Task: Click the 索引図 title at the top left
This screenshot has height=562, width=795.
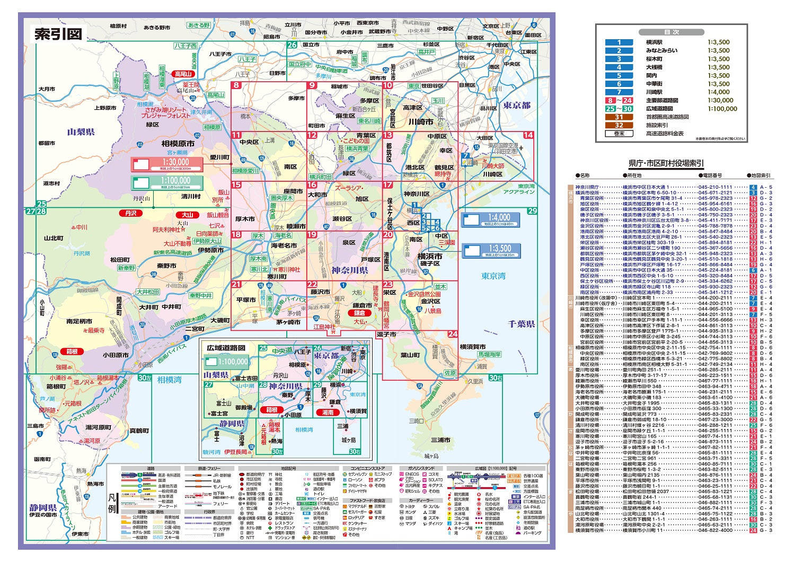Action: pos(58,34)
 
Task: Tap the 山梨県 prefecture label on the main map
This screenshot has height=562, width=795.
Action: pos(81,132)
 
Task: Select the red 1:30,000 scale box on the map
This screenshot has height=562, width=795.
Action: pos(167,164)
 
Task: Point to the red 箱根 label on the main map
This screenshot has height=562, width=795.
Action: pos(72,352)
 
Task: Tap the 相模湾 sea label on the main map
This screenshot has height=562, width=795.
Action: pos(169,380)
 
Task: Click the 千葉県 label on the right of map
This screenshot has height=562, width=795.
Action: pos(521,324)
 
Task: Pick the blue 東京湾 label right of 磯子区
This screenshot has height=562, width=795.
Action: pos(493,276)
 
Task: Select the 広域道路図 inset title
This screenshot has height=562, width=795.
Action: pos(226,348)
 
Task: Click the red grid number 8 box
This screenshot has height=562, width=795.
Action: pos(236,85)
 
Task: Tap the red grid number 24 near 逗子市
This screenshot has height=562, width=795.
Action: pos(452,334)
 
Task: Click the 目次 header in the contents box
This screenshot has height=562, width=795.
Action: pos(672,32)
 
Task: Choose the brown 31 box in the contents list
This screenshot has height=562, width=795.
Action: pos(619,117)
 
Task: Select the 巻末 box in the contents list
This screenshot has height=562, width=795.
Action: pos(619,134)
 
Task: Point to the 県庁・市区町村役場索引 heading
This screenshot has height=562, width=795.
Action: pos(666,163)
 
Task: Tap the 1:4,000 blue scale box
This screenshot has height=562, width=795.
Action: pos(491,219)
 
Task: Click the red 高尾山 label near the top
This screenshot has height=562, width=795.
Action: pos(183,74)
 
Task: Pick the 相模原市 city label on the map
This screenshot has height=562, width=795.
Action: pos(178,143)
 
